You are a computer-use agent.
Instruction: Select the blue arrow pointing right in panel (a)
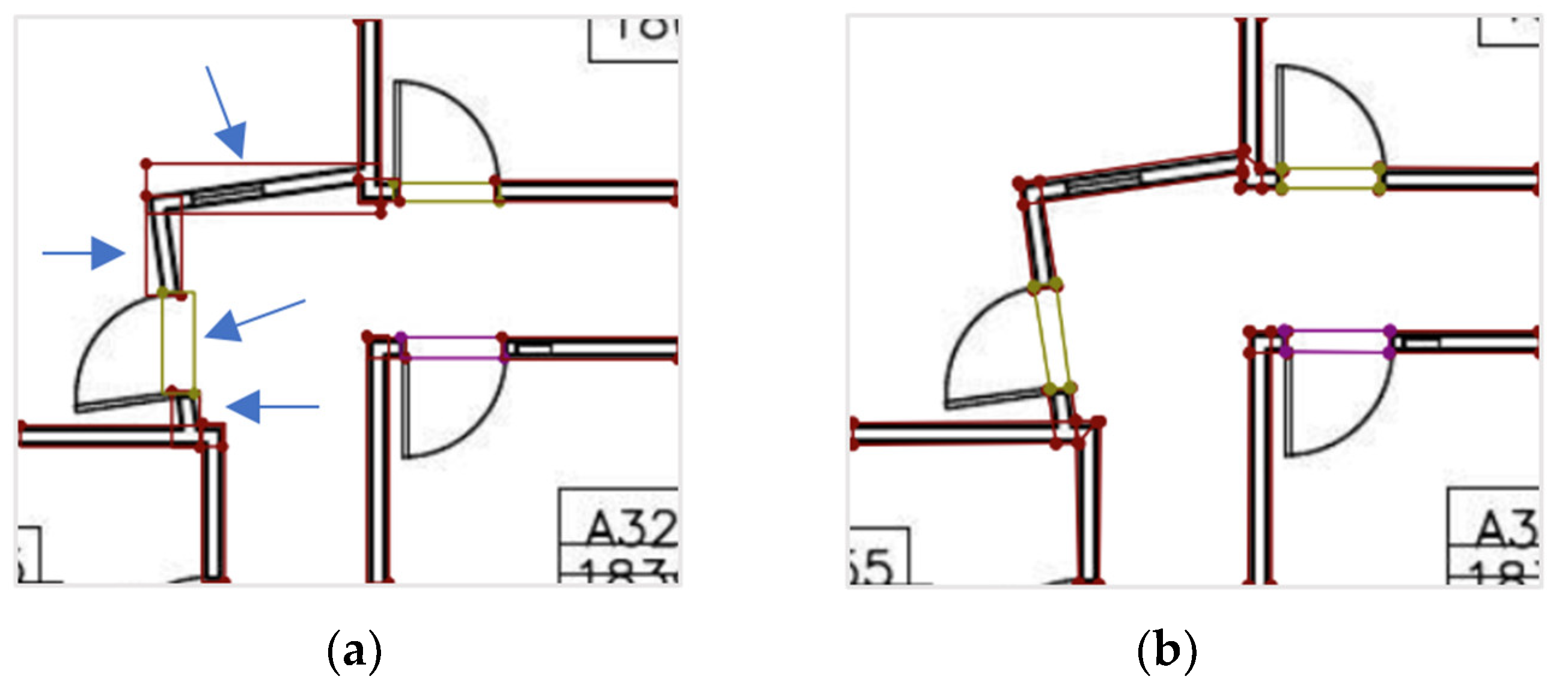tap(85, 253)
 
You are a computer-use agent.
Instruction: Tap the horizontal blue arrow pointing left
tap(272, 407)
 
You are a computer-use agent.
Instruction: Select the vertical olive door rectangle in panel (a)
tap(178, 342)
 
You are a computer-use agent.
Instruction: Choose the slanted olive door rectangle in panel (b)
tap(1052, 336)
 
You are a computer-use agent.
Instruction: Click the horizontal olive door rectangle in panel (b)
tap(1329, 179)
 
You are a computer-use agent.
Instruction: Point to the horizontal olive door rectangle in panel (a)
tap(448, 192)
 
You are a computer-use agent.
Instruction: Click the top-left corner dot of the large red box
tap(145, 163)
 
